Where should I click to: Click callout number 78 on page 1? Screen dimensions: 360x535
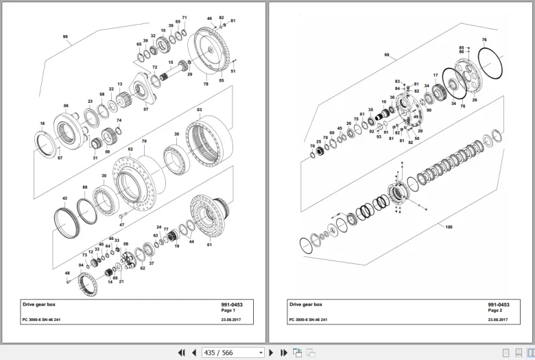click(205, 84)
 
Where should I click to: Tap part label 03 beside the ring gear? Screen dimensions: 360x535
click(200, 110)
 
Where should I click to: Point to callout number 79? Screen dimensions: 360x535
click(144, 142)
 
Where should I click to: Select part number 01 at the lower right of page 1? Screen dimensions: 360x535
click(209, 245)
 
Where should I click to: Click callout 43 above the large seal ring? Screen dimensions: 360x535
click(64, 198)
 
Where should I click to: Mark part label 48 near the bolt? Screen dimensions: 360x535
click(67, 273)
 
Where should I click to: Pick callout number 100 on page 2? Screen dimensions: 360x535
click(449, 226)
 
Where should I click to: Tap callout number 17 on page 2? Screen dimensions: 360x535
click(436, 75)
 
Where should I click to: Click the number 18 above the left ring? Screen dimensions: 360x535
click(43, 124)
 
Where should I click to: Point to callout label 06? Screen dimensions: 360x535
click(66, 106)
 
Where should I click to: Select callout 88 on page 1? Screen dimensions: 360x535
click(85, 187)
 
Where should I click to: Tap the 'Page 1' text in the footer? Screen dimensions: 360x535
click(228, 311)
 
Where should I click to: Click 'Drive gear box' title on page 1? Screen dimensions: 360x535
click(38, 304)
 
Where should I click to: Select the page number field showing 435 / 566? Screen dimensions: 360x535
click(232, 352)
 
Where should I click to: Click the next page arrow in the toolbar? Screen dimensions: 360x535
click(272, 352)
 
